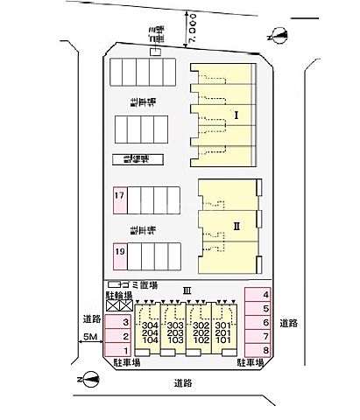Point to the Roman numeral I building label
(x=236, y=115)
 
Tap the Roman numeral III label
(x=186, y=290)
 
